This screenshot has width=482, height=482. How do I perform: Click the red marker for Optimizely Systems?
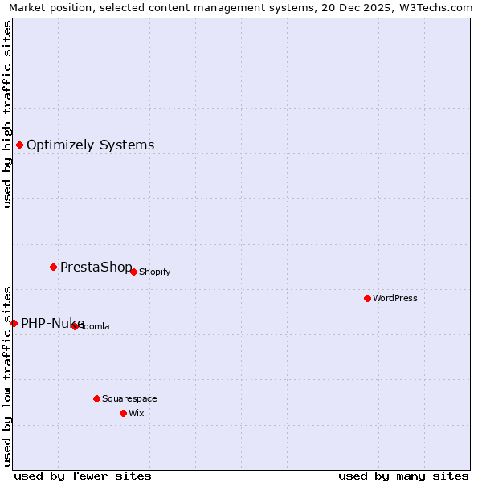click(x=19, y=145)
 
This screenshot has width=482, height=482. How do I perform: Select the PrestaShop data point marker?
click(x=53, y=267)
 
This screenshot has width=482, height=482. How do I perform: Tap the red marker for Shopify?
click(x=133, y=272)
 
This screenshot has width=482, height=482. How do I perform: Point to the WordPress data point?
click(x=367, y=298)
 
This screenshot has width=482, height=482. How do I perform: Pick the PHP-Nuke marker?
click(x=14, y=323)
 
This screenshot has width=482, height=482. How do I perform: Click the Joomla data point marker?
click(x=75, y=326)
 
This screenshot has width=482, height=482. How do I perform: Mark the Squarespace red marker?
click(x=96, y=398)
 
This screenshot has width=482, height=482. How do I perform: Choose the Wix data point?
click(x=123, y=413)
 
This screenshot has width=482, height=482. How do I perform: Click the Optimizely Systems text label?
click(x=90, y=145)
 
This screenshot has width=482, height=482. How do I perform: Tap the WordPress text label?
click(x=394, y=298)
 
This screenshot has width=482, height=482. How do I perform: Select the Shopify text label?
click(x=154, y=272)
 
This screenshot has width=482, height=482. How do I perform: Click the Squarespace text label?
click(x=129, y=398)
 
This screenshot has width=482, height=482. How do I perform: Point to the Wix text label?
click(x=136, y=413)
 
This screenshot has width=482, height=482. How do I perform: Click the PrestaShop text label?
click(x=96, y=268)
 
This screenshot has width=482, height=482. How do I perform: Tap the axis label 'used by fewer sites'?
click(x=83, y=476)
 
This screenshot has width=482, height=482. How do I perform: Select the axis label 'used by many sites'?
click(x=403, y=476)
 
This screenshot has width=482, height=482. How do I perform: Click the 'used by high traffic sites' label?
click(x=7, y=114)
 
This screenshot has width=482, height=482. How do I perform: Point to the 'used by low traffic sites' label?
click(x=7, y=375)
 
